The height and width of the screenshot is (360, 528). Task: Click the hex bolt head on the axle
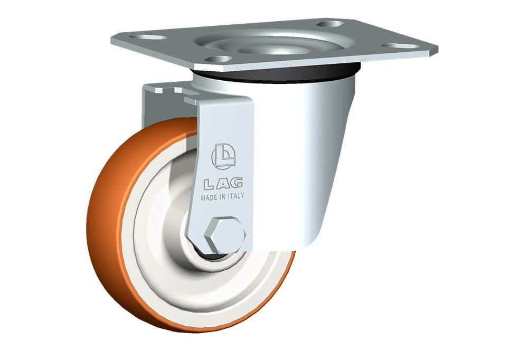pyautogui.click(x=224, y=235)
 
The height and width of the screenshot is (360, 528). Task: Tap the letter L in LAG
pyautogui.click(x=209, y=184)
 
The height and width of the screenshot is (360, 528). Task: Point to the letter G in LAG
pyautogui.click(x=237, y=183)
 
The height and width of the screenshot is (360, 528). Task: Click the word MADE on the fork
pyautogui.click(x=209, y=197)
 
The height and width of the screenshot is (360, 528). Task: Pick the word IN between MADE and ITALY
pyautogui.click(x=223, y=197)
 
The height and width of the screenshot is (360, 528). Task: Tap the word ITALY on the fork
pyautogui.click(x=236, y=196)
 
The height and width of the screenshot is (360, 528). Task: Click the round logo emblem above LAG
pyautogui.click(x=223, y=156)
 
